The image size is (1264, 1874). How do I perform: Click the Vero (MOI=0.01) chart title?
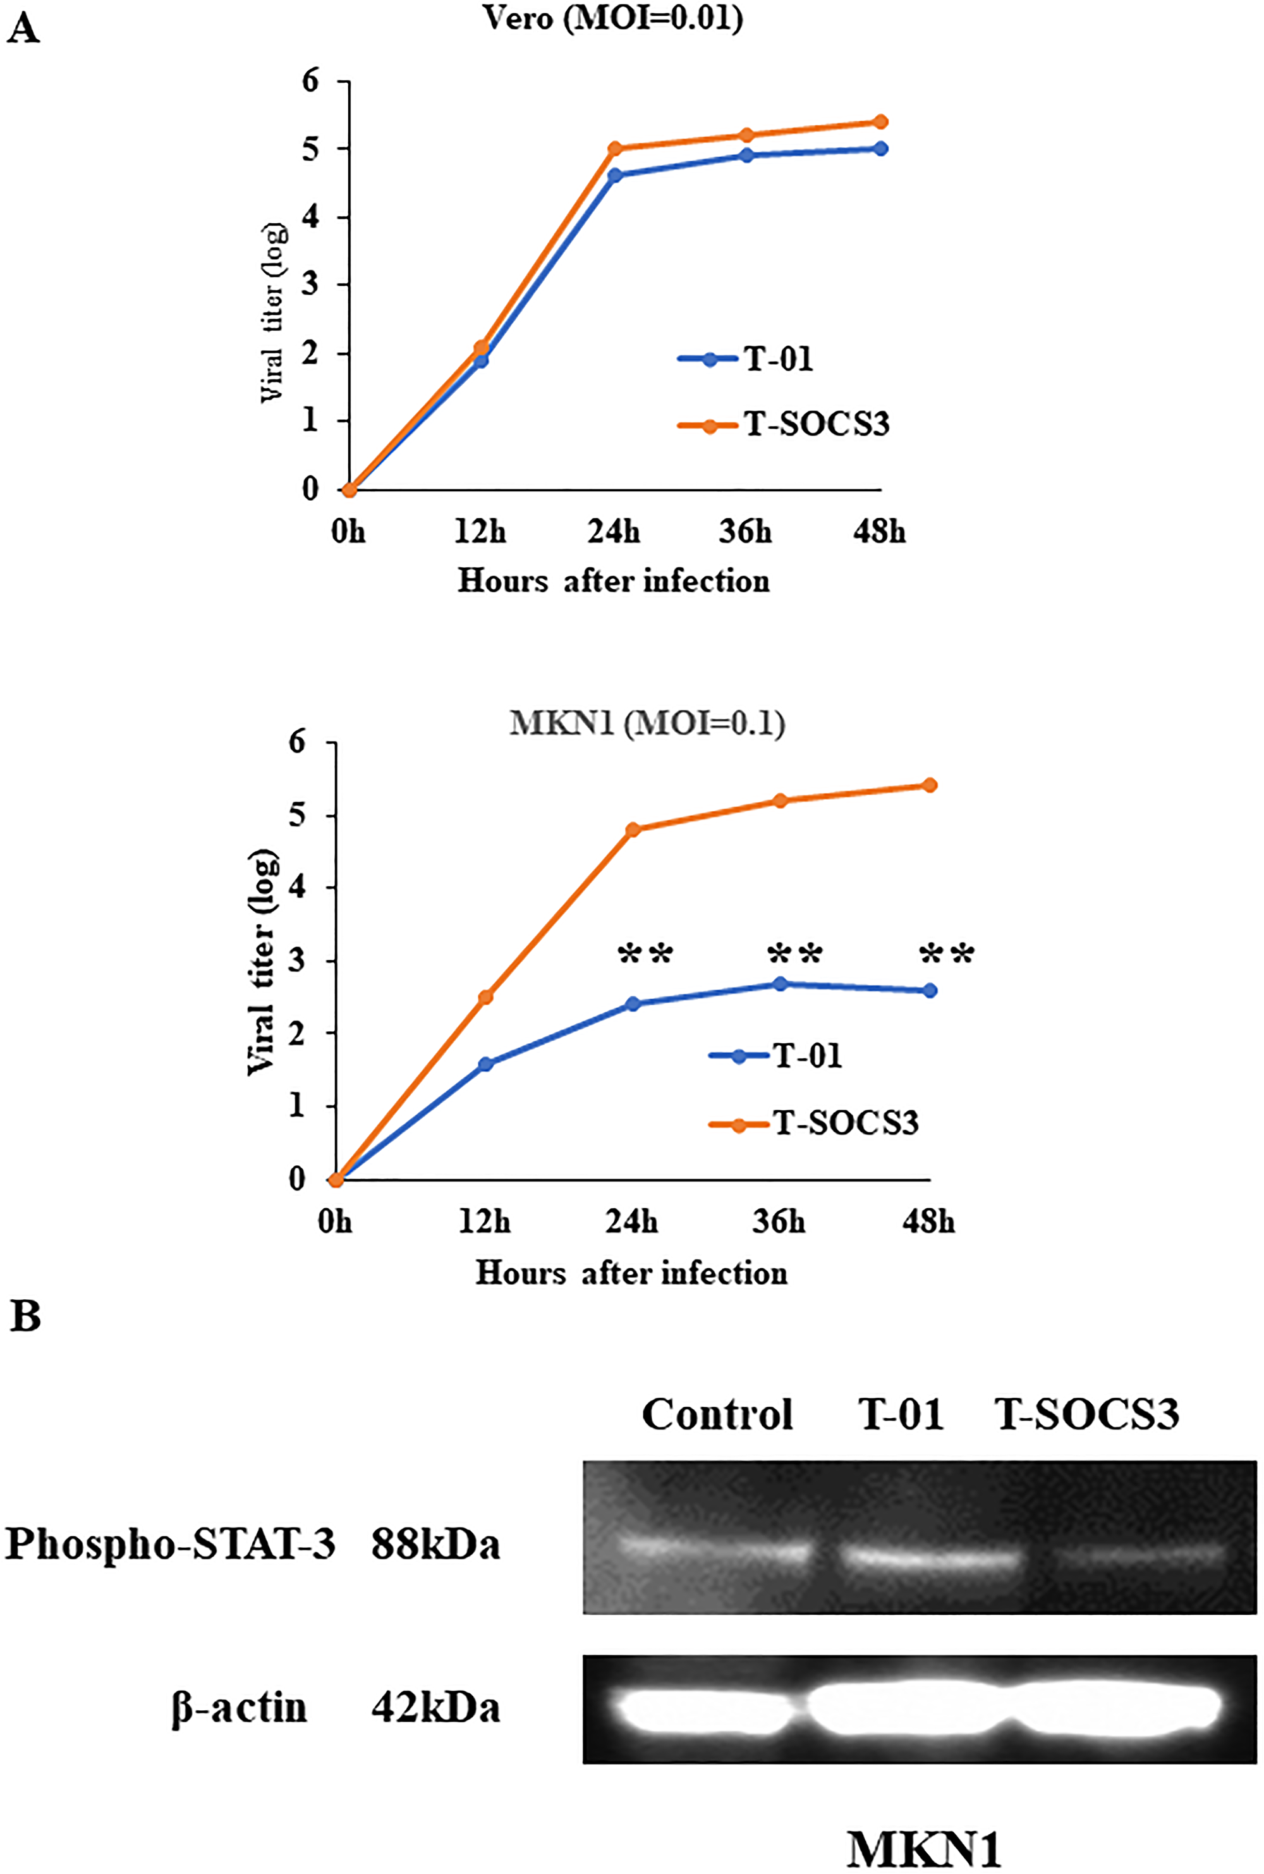(612, 18)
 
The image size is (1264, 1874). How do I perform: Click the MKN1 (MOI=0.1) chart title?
(647, 723)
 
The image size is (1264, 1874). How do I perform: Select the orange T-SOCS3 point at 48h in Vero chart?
(880, 122)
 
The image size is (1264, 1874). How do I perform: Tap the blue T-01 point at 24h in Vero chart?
(614, 175)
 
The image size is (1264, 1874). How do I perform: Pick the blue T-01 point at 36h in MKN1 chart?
(781, 984)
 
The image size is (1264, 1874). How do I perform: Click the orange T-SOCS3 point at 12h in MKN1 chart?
(485, 998)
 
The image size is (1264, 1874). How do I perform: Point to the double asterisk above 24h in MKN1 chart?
(645, 955)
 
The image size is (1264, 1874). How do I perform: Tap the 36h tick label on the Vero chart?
(746, 532)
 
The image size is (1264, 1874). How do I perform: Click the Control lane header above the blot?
(717, 1414)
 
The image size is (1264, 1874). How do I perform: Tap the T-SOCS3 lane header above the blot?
(1086, 1414)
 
